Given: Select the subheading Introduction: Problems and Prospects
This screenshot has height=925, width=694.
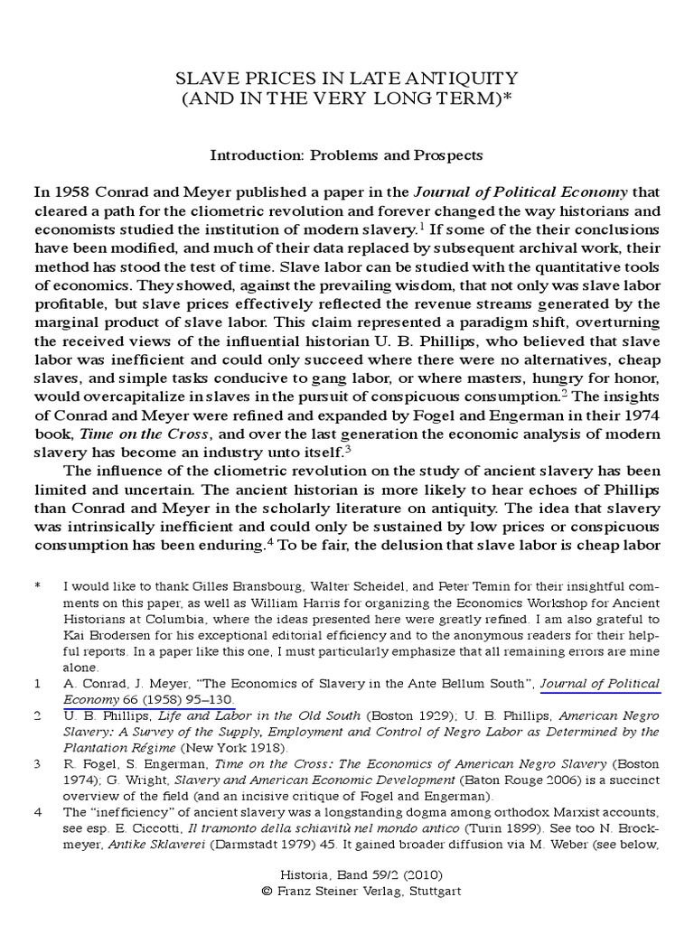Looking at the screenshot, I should (347, 154).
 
